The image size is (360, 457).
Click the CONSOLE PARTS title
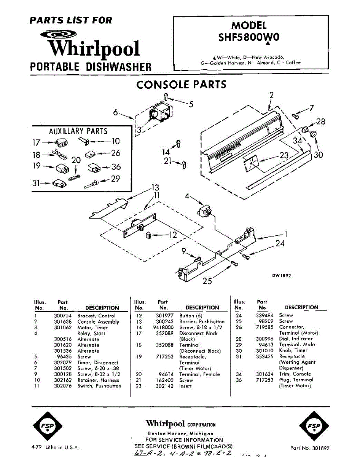(181, 84)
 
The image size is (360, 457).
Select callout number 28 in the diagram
(320, 121)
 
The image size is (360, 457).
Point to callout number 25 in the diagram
(207, 281)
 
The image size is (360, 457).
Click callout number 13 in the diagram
(155, 187)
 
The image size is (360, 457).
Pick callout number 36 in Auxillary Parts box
(116, 166)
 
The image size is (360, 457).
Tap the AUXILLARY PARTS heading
(78, 131)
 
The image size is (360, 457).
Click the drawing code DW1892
(282, 276)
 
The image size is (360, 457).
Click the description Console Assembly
(98, 322)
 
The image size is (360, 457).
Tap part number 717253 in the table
(264, 380)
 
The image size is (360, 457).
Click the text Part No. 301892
(309, 448)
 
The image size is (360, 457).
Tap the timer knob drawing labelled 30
(313, 134)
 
